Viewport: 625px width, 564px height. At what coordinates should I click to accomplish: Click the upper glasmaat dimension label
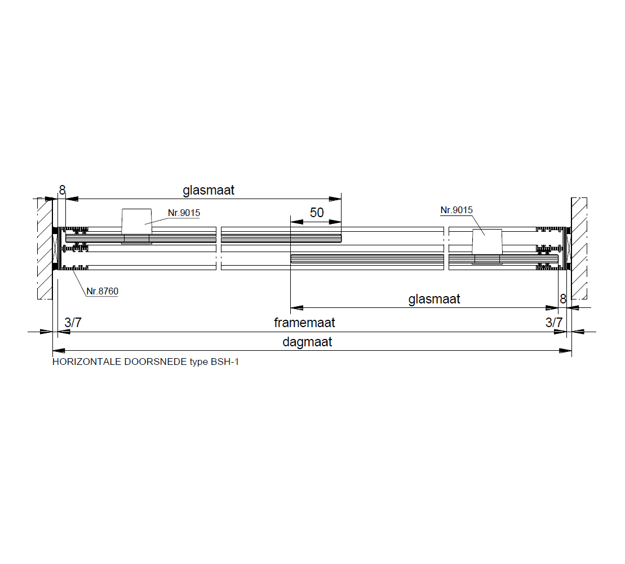209,191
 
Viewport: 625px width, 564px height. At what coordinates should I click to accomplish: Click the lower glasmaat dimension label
434,299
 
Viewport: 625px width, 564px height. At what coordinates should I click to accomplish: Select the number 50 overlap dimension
317,213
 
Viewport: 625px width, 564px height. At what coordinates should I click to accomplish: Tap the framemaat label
304,322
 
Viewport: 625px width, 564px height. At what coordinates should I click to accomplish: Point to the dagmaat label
307,342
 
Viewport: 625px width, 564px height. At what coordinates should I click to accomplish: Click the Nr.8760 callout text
103,292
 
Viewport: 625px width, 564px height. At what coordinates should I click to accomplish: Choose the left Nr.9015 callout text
184,213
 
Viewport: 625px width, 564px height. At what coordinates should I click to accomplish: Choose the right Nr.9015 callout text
456,210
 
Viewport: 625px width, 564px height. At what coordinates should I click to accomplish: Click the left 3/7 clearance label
73,322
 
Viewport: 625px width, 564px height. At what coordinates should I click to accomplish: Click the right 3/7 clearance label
554,322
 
